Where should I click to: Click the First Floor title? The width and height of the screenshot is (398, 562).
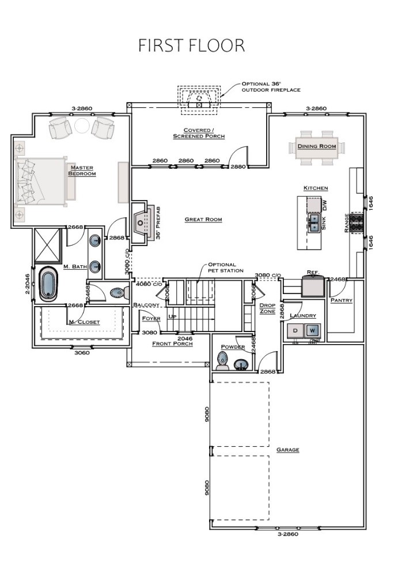[x=192, y=46]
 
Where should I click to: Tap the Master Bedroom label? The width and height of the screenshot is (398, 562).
[x=81, y=171]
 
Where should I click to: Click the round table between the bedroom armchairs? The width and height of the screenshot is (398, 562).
[x=82, y=126]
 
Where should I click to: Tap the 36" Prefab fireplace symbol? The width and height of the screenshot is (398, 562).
[x=142, y=220]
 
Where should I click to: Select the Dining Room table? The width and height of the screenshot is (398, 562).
[x=316, y=146]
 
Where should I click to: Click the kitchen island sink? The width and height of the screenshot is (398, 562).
[x=314, y=223]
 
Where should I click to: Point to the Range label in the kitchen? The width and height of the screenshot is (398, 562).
[x=347, y=222]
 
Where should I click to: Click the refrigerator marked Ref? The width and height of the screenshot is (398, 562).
[x=312, y=285]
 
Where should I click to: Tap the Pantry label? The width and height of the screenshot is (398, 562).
[x=341, y=300]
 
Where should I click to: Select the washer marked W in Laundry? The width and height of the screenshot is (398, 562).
[x=312, y=330]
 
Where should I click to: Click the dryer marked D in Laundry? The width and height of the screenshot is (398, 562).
[x=295, y=330]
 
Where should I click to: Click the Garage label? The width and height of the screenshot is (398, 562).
[x=287, y=450]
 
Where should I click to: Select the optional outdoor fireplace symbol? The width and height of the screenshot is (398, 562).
[x=199, y=99]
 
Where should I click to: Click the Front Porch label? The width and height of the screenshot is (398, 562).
[x=172, y=344]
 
